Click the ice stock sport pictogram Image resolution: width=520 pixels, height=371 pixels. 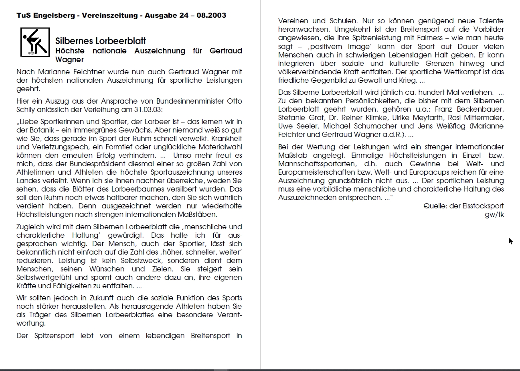pos(35,42)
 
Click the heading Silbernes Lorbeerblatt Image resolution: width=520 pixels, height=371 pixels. pos(101,41)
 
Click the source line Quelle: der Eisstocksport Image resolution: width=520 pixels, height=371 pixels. pos(463,206)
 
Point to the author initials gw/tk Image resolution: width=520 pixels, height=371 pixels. pos(494,214)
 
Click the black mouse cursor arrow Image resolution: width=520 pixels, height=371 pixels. pos(510,241)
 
